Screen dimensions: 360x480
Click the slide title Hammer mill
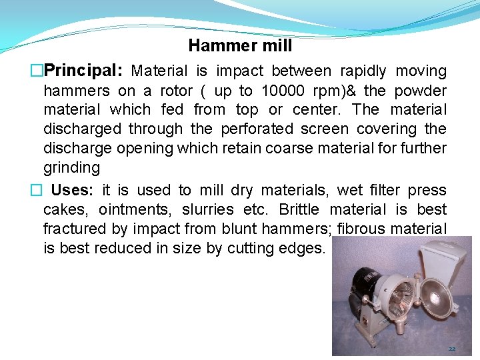tap(240, 45)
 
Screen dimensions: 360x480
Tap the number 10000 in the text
tap(285, 91)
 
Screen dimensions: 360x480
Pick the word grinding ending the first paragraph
tap(71, 167)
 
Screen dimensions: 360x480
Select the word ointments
tap(133, 210)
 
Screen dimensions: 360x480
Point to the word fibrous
tap(363, 229)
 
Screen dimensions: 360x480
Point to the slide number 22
tap(451, 349)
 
